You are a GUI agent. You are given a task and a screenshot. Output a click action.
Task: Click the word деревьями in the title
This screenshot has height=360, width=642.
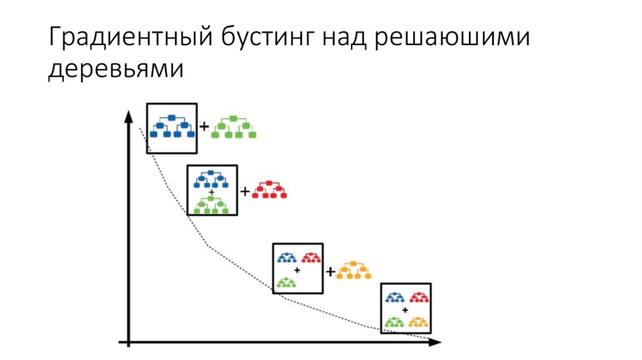click(x=116, y=70)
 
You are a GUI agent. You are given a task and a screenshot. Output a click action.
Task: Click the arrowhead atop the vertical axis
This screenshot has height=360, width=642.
click(x=129, y=117)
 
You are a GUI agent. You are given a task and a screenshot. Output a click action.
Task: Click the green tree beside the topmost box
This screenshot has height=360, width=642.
click(x=233, y=127)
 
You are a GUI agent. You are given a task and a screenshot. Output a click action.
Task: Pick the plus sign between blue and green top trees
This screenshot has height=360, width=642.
click(x=204, y=127)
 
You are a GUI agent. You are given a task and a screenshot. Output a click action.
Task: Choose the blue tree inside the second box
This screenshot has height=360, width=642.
click(x=211, y=178)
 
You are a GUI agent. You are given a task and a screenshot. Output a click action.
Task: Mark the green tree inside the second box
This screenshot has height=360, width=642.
click(x=211, y=204)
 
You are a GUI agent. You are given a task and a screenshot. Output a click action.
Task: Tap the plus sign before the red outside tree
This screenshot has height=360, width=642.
click(x=245, y=191)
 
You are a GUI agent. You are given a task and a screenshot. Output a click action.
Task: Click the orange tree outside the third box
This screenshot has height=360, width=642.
click(x=354, y=270)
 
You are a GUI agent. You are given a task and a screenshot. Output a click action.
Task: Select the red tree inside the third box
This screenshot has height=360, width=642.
click(x=310, y=257)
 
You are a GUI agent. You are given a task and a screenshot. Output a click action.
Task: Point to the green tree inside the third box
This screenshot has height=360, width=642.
click(x=287, y=282)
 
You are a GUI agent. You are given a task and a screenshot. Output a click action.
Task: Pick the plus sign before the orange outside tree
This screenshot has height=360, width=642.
click(x=330, y=271)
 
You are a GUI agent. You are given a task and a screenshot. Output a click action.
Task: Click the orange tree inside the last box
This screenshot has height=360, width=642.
click(x=418, y=322)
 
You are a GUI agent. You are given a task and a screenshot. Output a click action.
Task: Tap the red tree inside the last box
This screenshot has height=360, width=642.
click(x=419, y=297)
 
